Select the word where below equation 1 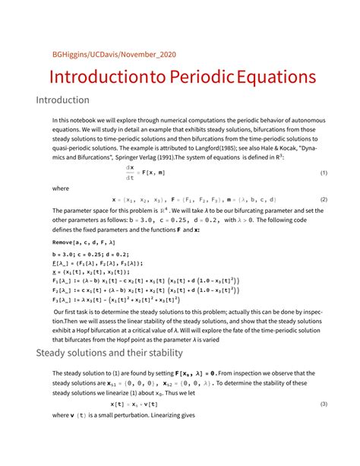(x=61, y=187)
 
